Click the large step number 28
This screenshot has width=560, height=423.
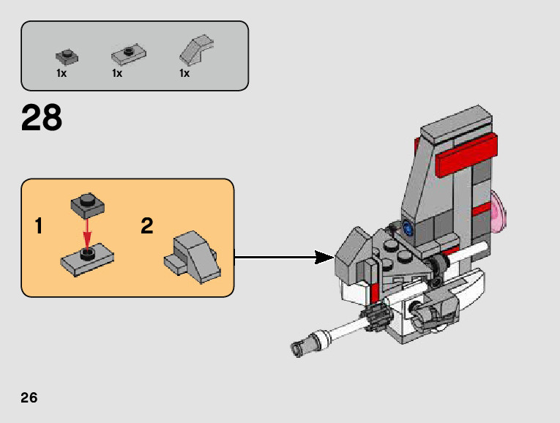pyautogui.click(x=42, y=119)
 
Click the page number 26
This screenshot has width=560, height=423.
pyautogui.click(x=29, y=397)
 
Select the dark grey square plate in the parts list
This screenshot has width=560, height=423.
pyautogui.click(x=67, y=56)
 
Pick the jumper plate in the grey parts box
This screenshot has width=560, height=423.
pyautogui.click(x=130, y=53)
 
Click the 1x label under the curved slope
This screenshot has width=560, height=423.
pyautogui.click(x=184, y=73)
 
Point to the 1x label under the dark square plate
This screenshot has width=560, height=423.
pyautogui.click(x=61, y=73)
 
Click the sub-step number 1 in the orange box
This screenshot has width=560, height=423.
pyautogui.click(x=38, y=226)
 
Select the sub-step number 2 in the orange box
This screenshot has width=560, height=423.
pyautogui.click(x=147, y=226)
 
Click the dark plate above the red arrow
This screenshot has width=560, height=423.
pyautogui.click(x=86, y=206)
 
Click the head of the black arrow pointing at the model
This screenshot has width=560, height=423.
pyautogui.click(x=324, y=257)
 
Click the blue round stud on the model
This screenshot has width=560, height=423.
pyautogui.click(x=408, y=228)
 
